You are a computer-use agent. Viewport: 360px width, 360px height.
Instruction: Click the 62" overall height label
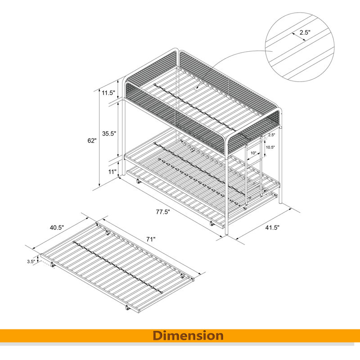[x=92, y=140]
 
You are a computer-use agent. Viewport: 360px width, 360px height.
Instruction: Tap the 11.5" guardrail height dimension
[x=108, y=93]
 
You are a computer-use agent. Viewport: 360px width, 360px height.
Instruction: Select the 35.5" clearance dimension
[x=109, y=133]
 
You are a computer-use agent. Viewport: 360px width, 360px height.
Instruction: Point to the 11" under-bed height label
[x=112, y=171]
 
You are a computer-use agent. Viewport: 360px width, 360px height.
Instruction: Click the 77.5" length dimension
[x=163, y=212]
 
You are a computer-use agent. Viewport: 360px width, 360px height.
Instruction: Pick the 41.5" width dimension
[x=272, y=228]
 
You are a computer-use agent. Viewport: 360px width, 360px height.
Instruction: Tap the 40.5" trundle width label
[x=57, y=228]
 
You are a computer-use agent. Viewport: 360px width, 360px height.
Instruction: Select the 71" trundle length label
[x=151, y=239]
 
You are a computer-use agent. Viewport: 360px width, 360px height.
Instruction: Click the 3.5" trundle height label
[x=31, y=261]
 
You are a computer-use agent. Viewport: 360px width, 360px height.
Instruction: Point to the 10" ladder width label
[x=253, y=153]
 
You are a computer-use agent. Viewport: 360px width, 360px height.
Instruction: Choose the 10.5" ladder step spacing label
[x=270, y=147]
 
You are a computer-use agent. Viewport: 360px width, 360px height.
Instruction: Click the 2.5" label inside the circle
[x=305, y=32]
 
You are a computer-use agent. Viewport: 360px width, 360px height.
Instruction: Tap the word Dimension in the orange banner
[x=188, y=335]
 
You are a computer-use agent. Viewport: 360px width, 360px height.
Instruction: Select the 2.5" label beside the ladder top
[x=272, y=135]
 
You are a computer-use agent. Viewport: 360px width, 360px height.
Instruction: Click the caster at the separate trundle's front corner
[x=127, y=308]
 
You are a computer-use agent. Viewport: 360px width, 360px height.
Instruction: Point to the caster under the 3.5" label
[x=53, y=265]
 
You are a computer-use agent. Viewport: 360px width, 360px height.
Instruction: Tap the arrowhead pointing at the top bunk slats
[x=198, y=87]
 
